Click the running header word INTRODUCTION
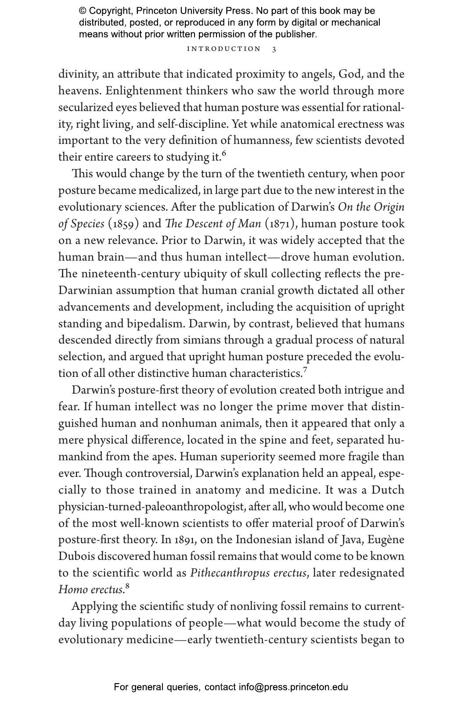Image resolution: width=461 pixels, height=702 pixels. coord(224,49)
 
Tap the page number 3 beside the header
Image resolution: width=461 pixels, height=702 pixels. coord(274,49)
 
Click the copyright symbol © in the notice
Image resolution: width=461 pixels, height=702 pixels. coord(83,11)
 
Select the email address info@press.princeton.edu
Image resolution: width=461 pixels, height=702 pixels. coord(293,687)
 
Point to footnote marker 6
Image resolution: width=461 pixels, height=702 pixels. coord(224,153)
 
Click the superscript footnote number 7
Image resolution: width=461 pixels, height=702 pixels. coord(305,369)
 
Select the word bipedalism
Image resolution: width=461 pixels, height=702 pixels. coord(152,324)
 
